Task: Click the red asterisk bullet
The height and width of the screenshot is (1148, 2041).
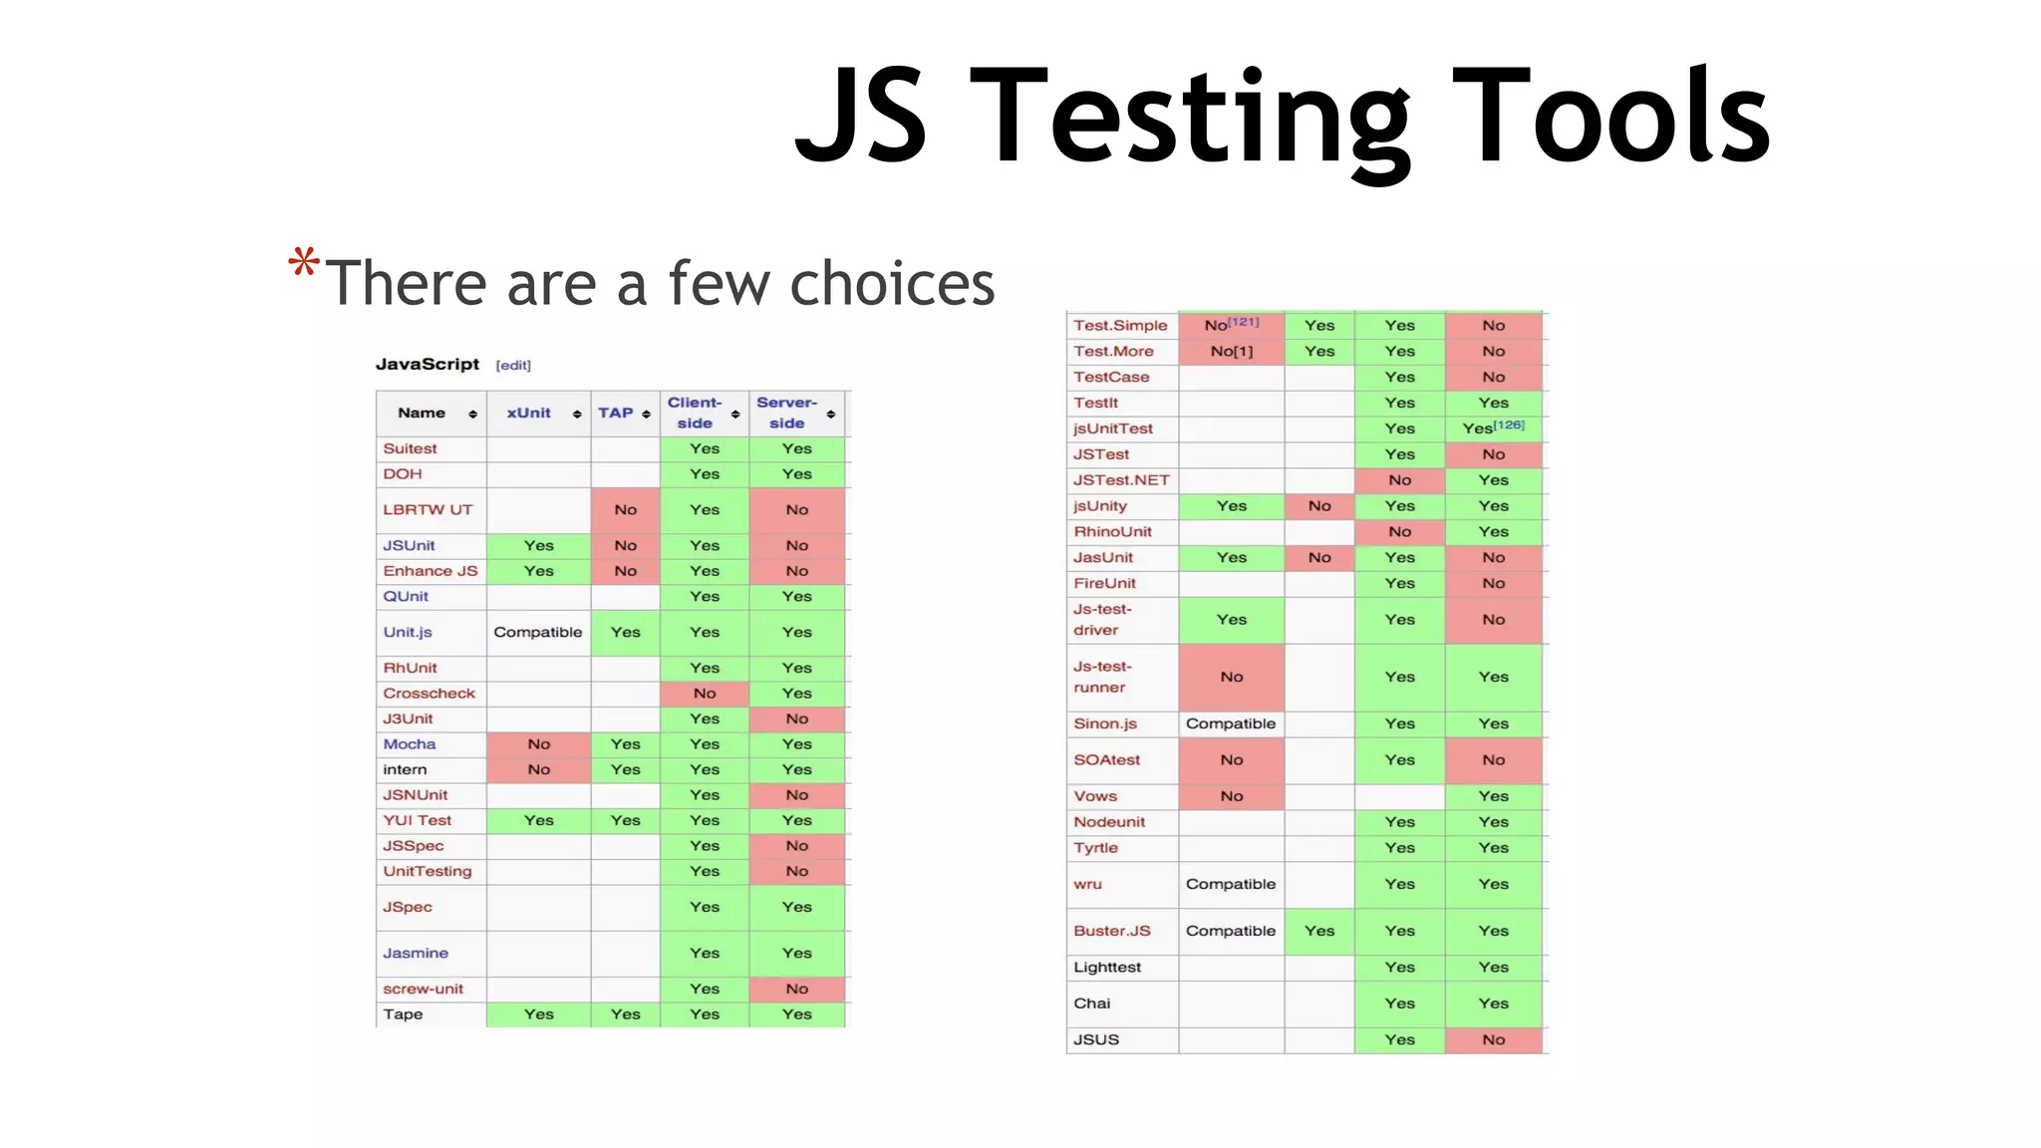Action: (x=304, y=263)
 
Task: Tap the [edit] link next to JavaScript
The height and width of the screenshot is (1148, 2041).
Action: (x=513, y=366)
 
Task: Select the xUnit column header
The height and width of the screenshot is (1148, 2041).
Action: (x=528, y=414)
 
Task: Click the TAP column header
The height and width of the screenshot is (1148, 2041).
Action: (x=616, y=414)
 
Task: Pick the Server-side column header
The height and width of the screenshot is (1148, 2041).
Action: (x=786, y=413)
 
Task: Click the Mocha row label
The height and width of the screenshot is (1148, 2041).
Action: (x=410, y=744)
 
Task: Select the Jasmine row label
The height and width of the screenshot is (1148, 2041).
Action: (x=416, y=954)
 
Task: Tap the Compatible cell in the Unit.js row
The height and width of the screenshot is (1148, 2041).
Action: (x=538, y=633)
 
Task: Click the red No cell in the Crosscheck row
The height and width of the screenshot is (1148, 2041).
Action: (x=705, y=694)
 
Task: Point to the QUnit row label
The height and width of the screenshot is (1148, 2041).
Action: (x=406, y=597)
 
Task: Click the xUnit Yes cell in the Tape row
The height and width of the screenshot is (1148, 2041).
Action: (x=538, y=1014)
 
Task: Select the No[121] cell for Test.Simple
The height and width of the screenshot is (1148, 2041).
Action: (x=1231, y=325)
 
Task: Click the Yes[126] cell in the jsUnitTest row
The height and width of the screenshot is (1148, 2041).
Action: (x=1493, y=429)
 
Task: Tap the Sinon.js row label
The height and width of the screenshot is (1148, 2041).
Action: (x=1105, y=724)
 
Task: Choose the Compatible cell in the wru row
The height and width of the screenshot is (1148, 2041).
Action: (x=1231, y=885)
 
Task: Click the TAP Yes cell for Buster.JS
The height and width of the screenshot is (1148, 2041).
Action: (x=1318, y=931)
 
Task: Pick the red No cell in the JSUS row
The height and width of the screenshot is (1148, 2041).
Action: (x=1493, y=1040)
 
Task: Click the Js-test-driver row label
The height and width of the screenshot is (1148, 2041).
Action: (x=1102, y=620)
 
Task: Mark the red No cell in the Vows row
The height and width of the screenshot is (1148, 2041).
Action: (x=1231, y=796)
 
